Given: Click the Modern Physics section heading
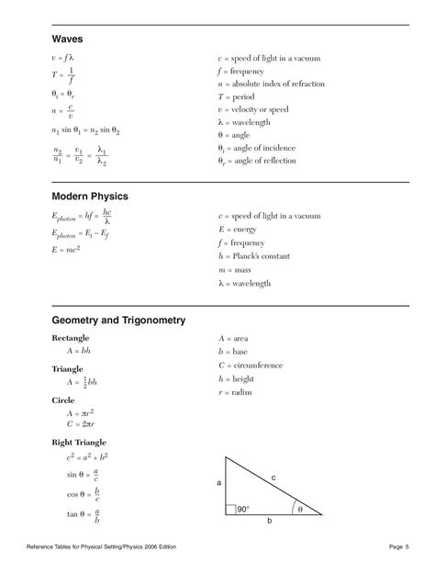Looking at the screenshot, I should point(89,196).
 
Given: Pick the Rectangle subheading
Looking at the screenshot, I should point(72,340).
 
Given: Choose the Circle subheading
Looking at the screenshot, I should point(63,400).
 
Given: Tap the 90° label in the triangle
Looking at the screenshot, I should point(242,509).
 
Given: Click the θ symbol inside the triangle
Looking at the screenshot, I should point(297,509).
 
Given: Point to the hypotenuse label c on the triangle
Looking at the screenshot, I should point(273,476).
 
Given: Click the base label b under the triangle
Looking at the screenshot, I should point(269,521).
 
